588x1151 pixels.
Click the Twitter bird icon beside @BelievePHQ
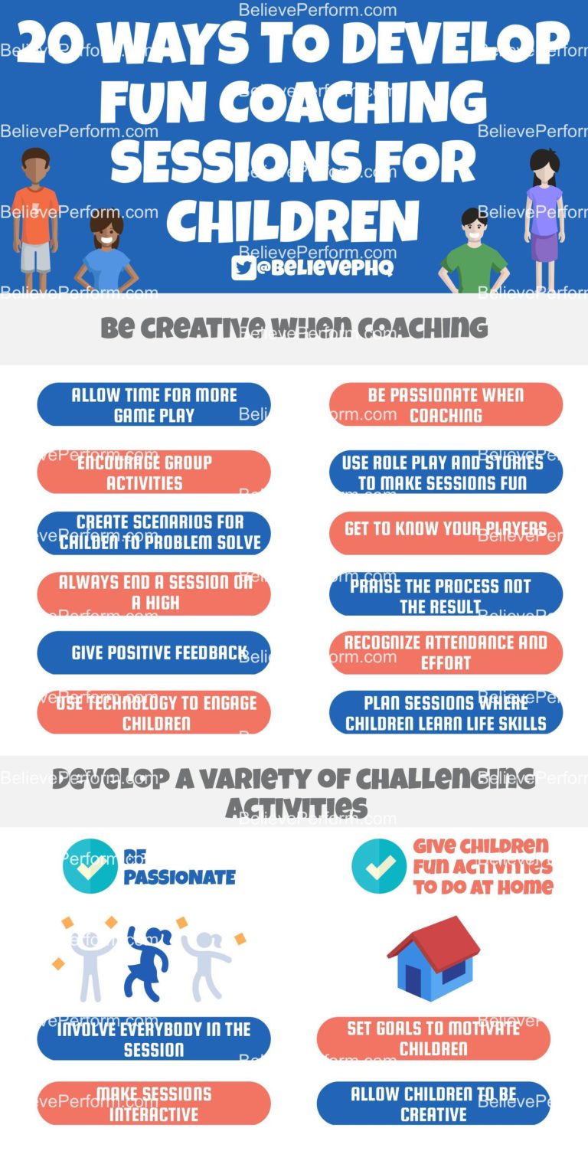pos(244,267)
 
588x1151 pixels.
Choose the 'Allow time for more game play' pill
pos(154,405)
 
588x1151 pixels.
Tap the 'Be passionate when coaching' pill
pos(446,405)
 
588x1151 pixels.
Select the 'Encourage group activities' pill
pos(154,472)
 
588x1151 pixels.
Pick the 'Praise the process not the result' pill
pos(446,594)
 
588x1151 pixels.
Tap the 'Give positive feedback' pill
pos(154,653)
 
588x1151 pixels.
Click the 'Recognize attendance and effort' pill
pos(446,653)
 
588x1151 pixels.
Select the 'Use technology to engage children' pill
pos(154,713)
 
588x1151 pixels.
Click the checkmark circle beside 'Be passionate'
pos(90,866)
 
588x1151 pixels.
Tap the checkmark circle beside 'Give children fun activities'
pos(379,866)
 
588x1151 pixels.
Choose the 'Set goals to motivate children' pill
pos(433,1038)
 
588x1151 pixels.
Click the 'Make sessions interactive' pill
pos(154,1104)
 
